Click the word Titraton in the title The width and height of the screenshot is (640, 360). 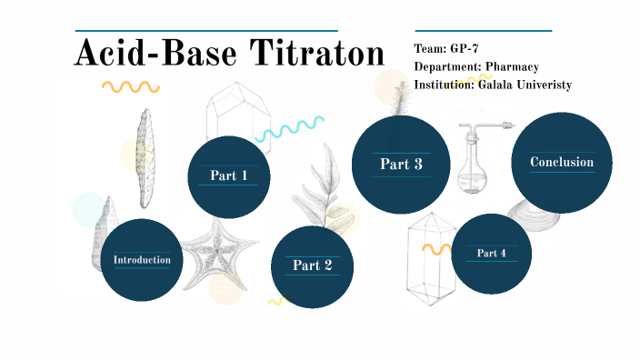[317, 53]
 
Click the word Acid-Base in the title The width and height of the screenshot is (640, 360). [155, 53]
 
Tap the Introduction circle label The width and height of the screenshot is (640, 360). [142, 260]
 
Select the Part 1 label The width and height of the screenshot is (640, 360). [228, 175]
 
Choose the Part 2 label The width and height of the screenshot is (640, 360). [312, 265]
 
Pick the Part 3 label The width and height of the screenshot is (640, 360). [401, 164]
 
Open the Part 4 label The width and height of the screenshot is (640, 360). [492, 254]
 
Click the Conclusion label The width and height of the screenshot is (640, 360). [562, 162]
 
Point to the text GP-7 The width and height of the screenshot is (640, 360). [464, 48]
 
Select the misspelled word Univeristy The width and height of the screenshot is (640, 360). [544, 85]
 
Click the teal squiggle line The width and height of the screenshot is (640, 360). [290, 129]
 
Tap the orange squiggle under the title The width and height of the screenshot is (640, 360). [131, 87]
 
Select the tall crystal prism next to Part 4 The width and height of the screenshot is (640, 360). [431, 259]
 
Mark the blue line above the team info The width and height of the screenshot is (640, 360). [484, 31]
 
